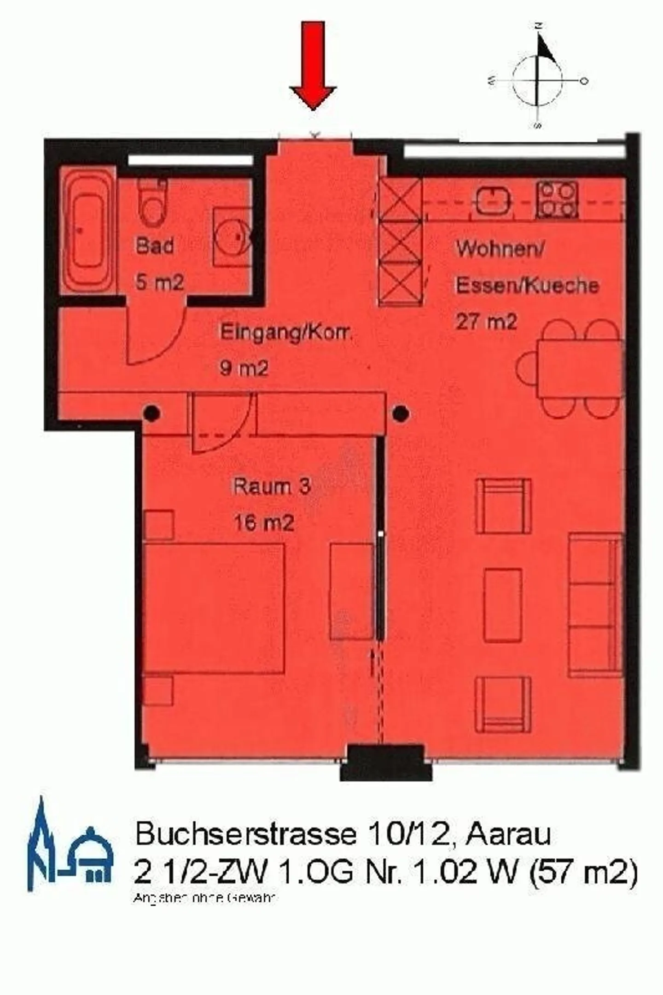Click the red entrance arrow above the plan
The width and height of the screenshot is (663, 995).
(x=313, y=64)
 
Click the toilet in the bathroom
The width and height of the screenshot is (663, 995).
(x=152, y=203)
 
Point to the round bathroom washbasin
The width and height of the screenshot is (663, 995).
(x=233, y=236)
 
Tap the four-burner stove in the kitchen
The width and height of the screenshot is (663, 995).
(x=557, y=200)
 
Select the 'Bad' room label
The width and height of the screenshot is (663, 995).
(x=155, y=245)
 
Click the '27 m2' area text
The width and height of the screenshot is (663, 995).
(x=486, y=321)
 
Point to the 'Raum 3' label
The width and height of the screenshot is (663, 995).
(x=272, y=486)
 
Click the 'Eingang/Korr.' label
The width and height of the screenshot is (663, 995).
(x=285, y=332)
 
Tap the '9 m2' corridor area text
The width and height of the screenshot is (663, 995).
(x=244, y=368)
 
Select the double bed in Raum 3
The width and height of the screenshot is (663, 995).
(x=214, y=608)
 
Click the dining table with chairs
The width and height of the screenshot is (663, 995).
(x=580, y=368)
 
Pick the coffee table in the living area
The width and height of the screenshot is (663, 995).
(x=503, y=605)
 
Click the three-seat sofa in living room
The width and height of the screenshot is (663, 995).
(x=596, y=605)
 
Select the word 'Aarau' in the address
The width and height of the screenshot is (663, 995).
(x=508, y=834)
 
